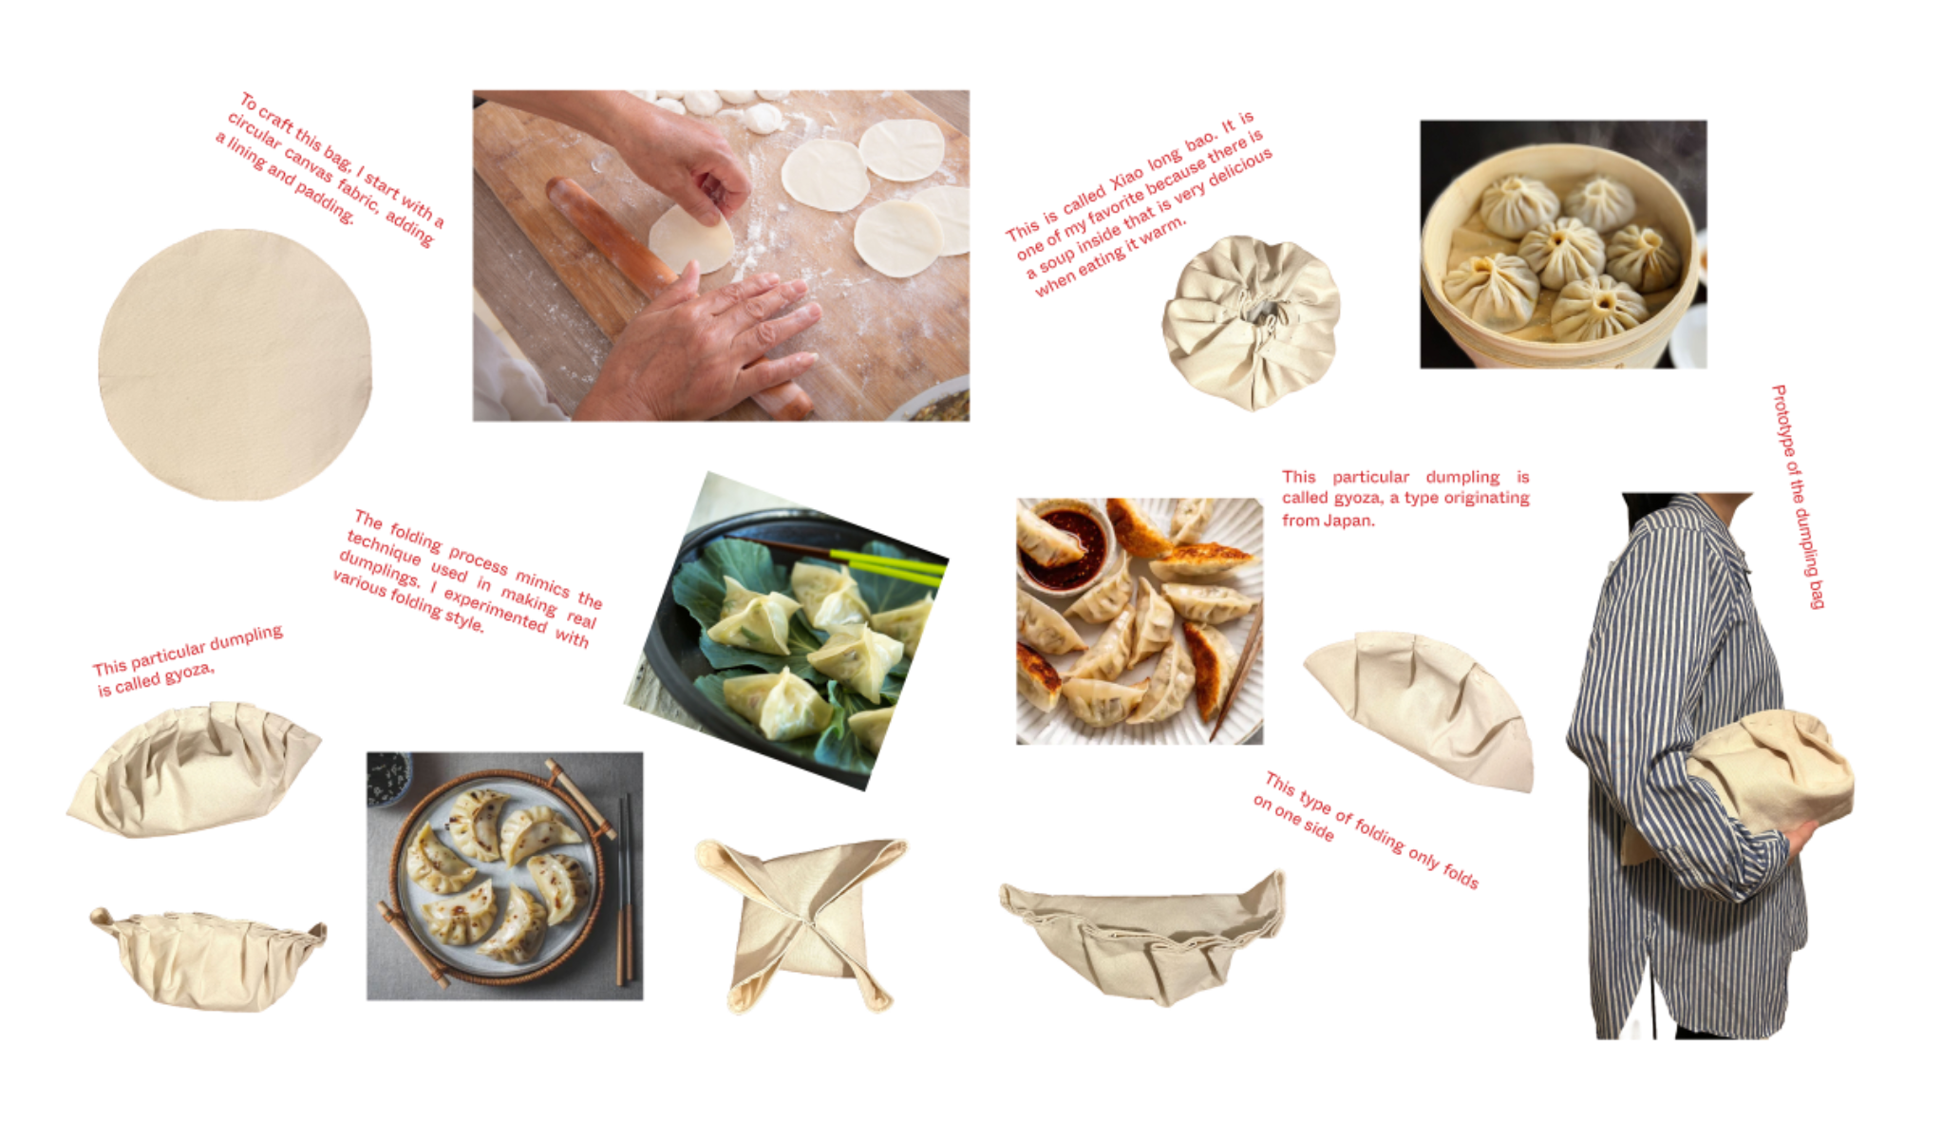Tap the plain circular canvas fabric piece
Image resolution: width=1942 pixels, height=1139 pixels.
[x=235, y=364]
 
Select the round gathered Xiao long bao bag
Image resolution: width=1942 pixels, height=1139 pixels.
[x=1251, y=322]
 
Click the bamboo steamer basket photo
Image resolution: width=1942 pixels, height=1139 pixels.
[x=1563, y=244]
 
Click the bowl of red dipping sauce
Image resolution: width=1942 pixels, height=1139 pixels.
[x=1069, y=546]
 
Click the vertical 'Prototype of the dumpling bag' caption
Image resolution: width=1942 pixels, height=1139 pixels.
[x=1799, y=496]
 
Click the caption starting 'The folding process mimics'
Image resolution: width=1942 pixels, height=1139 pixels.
[x=468, y=579]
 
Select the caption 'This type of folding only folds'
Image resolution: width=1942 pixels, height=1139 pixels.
[x=1366, y=830]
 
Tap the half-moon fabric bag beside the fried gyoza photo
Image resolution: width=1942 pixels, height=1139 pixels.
[x=1421, y=711]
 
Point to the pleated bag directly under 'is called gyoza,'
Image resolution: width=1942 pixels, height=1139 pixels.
[x=195, y=769]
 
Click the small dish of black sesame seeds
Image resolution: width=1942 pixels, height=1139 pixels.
[x=387, y=778]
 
